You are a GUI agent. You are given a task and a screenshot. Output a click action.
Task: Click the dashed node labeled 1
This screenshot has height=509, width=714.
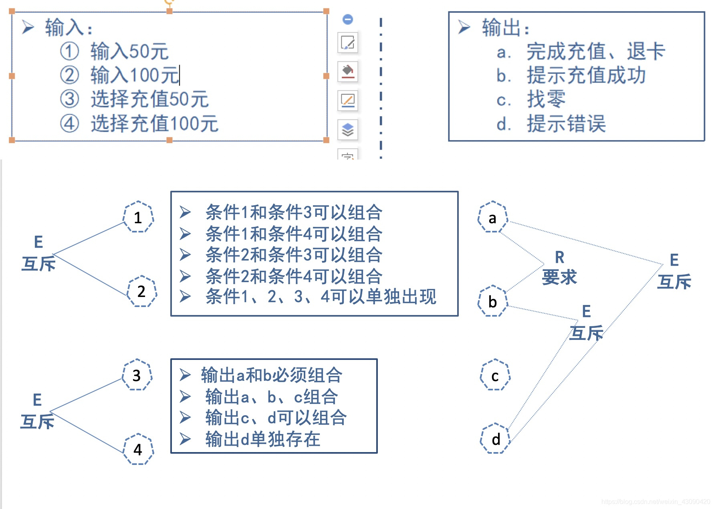tap(138, 217)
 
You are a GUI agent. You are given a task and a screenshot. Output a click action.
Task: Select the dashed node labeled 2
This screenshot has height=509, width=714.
tap(141, 291)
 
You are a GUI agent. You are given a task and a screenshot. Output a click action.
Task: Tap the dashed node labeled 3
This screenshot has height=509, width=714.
tap(137, 375)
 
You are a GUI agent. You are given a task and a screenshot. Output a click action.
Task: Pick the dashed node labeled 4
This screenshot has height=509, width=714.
tap(138, 449)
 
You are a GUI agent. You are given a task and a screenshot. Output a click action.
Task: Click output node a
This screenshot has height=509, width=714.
tap(492, 217)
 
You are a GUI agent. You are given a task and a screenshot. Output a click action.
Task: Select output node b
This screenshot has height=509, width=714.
tap(492, 301)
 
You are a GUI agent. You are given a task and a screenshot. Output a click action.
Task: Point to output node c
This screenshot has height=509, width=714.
tap(495, 375)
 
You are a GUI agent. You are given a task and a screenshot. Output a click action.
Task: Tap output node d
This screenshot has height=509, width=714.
tap(496, 439)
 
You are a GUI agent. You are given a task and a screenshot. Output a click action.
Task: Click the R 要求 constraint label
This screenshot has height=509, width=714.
tap(559, 268)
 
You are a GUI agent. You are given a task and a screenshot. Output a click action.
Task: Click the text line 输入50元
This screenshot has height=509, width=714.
tap(129, 51)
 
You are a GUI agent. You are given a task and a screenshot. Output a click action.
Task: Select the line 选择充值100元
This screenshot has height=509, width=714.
tap(154, 123)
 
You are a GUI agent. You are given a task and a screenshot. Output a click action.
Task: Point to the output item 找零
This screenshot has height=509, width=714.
tap(546, 99)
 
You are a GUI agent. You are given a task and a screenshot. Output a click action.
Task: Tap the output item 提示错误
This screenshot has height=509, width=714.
tap(566, 123)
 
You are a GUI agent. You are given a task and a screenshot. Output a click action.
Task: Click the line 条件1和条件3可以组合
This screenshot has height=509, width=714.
tap(294, 212)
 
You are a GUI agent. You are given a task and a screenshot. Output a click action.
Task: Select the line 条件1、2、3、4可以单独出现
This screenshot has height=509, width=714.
tap(321, 297)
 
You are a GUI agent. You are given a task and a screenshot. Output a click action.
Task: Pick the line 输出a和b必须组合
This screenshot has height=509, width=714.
tap(271, 375)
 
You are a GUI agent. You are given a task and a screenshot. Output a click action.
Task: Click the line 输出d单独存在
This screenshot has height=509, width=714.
tap(262, 439)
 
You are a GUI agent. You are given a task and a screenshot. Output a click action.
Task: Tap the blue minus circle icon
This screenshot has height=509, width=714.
tap(348, 19)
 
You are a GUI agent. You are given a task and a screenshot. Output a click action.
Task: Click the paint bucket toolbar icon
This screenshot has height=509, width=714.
tap(347, 71)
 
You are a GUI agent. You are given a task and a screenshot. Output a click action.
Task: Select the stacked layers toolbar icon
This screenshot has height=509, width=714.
tap(347, 129)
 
